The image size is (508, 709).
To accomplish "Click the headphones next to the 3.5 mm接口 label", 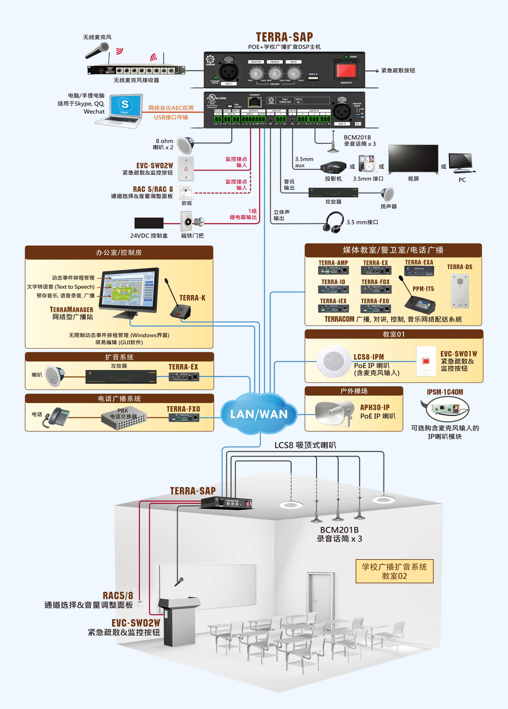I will tap(333, 222).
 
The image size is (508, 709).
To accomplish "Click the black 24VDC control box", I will tap(149, 223).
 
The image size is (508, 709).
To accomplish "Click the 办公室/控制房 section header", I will tap(119, 252).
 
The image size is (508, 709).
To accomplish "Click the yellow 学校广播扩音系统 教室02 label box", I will tap(394, 571).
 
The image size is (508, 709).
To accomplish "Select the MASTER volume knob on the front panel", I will tap(256, 73).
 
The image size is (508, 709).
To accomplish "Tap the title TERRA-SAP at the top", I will tap(284, 37).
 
